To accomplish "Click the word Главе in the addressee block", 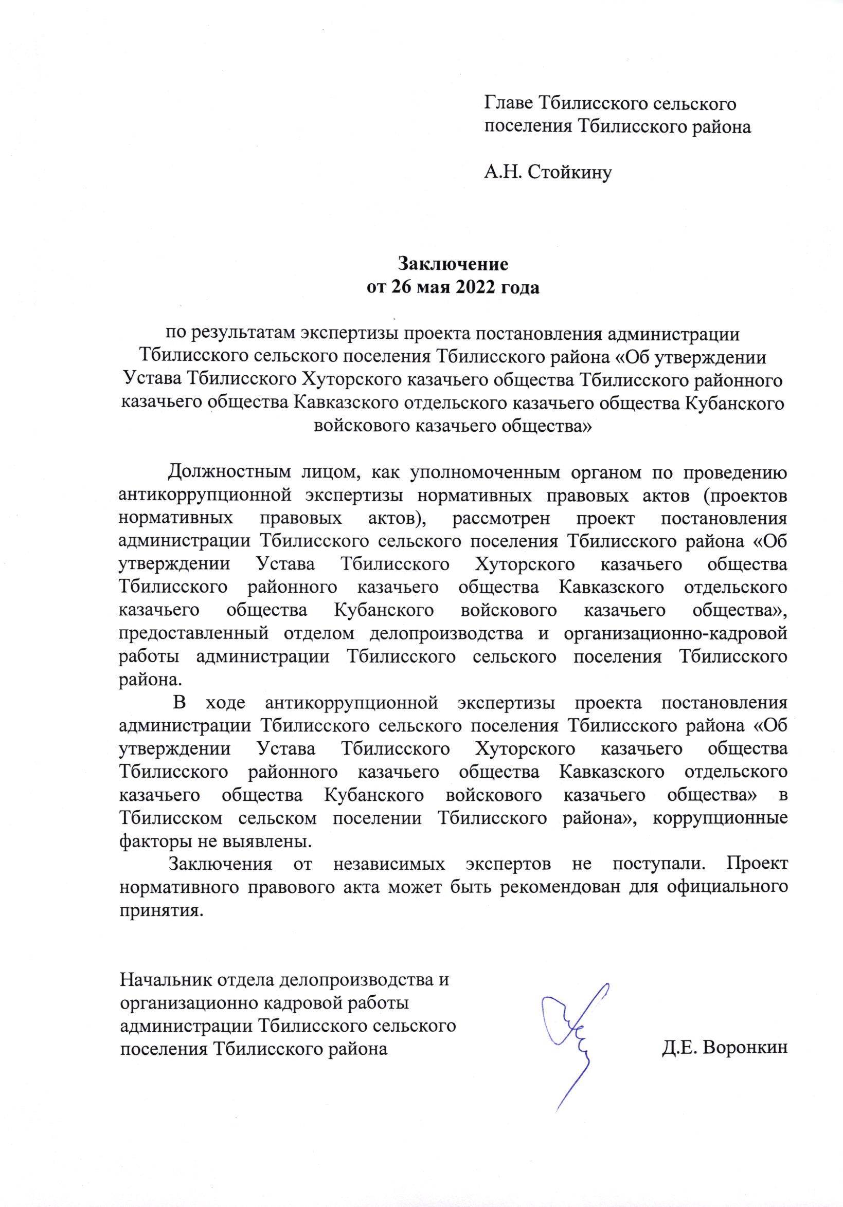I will [508, 103].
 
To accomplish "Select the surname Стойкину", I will [569, 172].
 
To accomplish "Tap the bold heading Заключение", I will [453, 263].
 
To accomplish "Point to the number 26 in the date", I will [402, 287].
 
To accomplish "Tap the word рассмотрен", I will [500, 518].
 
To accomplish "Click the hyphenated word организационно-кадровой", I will [675, 633].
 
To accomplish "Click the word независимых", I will [389, 864].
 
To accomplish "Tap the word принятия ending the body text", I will [160, 910].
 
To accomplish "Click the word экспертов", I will [508, 864].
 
